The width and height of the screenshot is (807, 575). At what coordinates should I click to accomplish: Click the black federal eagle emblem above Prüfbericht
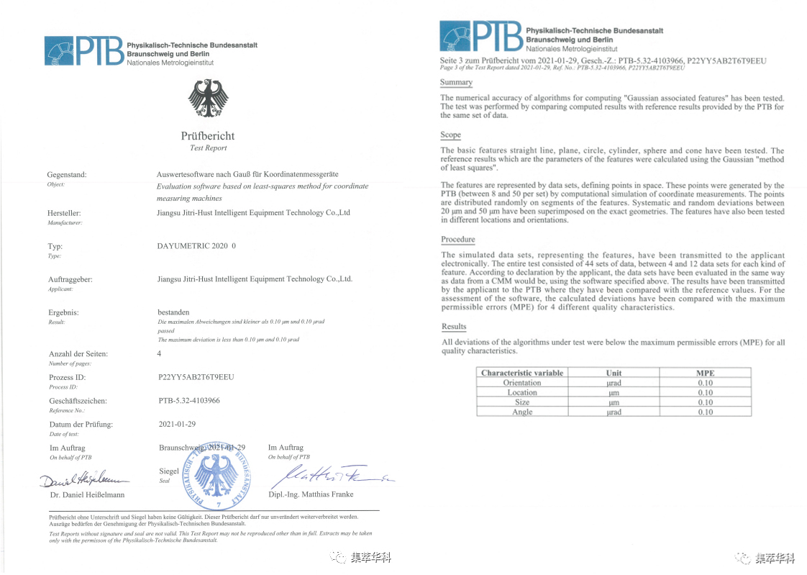(x=208, y=99)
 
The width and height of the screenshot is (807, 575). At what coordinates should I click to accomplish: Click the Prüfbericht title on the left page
(x=207, y=135)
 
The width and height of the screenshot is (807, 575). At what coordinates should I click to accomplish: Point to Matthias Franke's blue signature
(x=327, y=474)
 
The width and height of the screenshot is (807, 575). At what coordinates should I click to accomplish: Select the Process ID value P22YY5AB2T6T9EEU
(x=196, y=376)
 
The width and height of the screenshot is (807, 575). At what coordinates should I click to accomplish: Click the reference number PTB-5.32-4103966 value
(x=188, y=400)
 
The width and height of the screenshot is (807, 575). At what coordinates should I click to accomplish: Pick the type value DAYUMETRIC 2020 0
(x=196, y=245)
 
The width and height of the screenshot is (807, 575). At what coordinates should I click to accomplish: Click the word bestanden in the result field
(x=173, y=312)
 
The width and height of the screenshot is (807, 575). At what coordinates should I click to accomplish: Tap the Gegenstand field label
(x=67, y=175)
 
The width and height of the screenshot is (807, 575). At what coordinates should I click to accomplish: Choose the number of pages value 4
(x=159, y=353)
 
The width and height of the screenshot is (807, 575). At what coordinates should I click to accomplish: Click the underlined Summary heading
(x=456, y=83)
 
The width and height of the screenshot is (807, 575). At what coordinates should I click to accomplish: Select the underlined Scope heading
(x=450, y=135)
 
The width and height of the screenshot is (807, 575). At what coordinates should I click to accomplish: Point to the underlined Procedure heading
(x=457, y=240)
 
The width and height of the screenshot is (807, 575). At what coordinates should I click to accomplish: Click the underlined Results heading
(x=454, y=327)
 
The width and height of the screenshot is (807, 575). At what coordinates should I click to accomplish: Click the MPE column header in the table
(x=704, y=373)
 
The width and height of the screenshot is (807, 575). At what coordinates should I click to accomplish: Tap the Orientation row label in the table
(x=521, y=383)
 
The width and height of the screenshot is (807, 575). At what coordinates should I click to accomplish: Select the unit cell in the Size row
(x=613, y=402)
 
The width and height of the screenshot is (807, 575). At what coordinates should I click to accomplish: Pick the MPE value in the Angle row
(x=704, y=412)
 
